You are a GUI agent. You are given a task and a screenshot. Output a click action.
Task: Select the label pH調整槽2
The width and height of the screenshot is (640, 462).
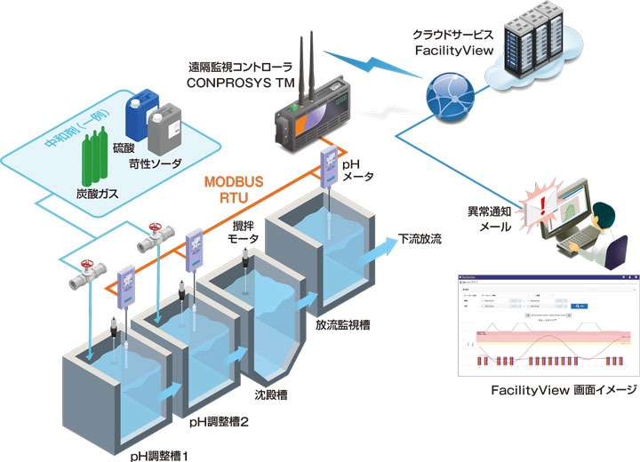219,422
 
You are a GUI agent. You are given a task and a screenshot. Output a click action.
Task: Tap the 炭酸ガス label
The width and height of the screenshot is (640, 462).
92,193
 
